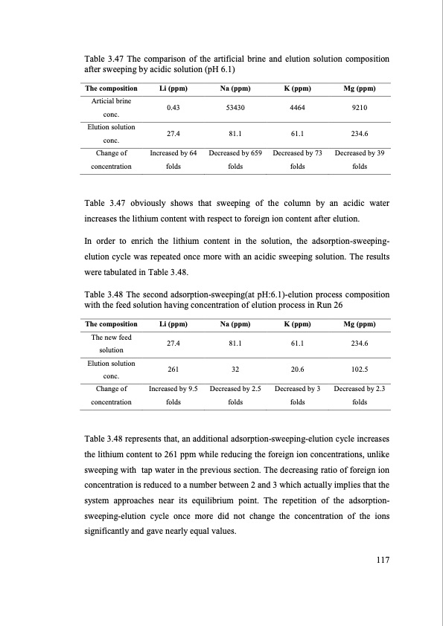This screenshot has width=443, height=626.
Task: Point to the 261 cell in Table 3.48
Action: point(173,369)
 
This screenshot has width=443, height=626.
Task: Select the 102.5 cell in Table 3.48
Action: point(359,369)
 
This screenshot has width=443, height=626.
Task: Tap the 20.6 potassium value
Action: point(297,369)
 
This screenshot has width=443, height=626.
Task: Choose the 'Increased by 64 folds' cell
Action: point(173,160)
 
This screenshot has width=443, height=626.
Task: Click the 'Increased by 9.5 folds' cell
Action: point(173,395)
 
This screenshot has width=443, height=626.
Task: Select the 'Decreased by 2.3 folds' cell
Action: point(359,395)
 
